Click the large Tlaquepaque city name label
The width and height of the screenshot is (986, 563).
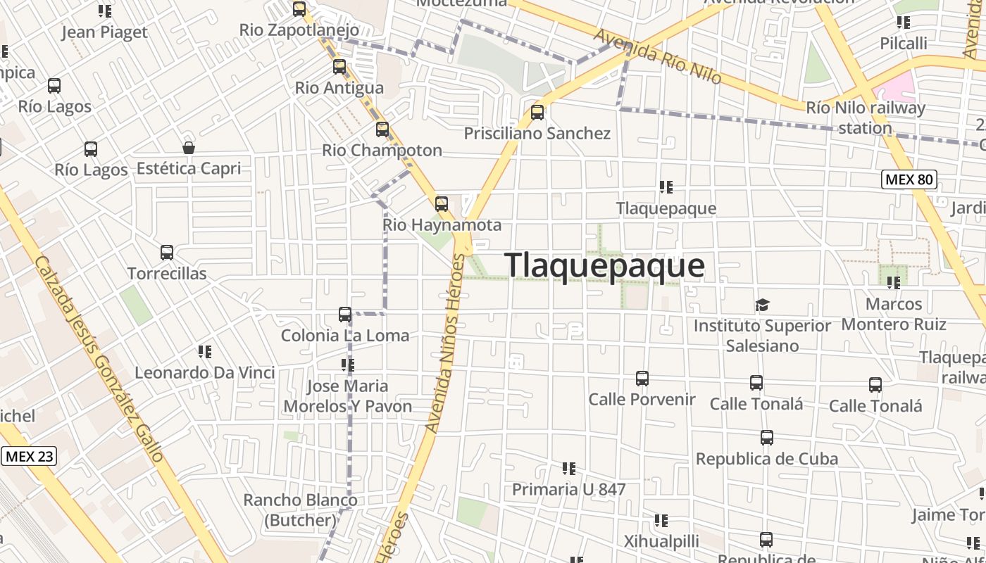click(604, 265)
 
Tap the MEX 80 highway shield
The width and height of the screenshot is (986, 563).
click(909, 179)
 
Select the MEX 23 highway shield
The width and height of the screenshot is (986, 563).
click(29, 456)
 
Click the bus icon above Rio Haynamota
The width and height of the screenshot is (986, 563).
click(442, 204)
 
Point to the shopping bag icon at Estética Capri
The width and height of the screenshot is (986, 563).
click(189, 148)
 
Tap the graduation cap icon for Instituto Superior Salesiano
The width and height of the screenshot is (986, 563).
click(762, 305)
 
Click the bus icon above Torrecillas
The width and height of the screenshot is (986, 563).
click(167, 253)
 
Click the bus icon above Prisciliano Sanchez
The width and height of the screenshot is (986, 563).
click(537, 113)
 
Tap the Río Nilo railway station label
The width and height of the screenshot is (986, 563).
click(866, 118)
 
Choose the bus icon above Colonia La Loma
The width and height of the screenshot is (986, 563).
click(345, 315)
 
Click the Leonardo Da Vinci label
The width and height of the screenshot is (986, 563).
click(205, 372)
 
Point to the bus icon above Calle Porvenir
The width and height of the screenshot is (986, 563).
click(642, 379)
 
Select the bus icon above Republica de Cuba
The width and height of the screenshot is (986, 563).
click(767, 438)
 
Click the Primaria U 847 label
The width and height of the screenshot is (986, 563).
click(568, 489)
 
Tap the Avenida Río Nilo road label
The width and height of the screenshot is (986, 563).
click(657, 56)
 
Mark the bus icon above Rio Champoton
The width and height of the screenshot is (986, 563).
click(382, 129)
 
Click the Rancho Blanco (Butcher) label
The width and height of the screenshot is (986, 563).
click(300, 510)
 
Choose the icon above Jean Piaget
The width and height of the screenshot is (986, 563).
click(105, 11)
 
